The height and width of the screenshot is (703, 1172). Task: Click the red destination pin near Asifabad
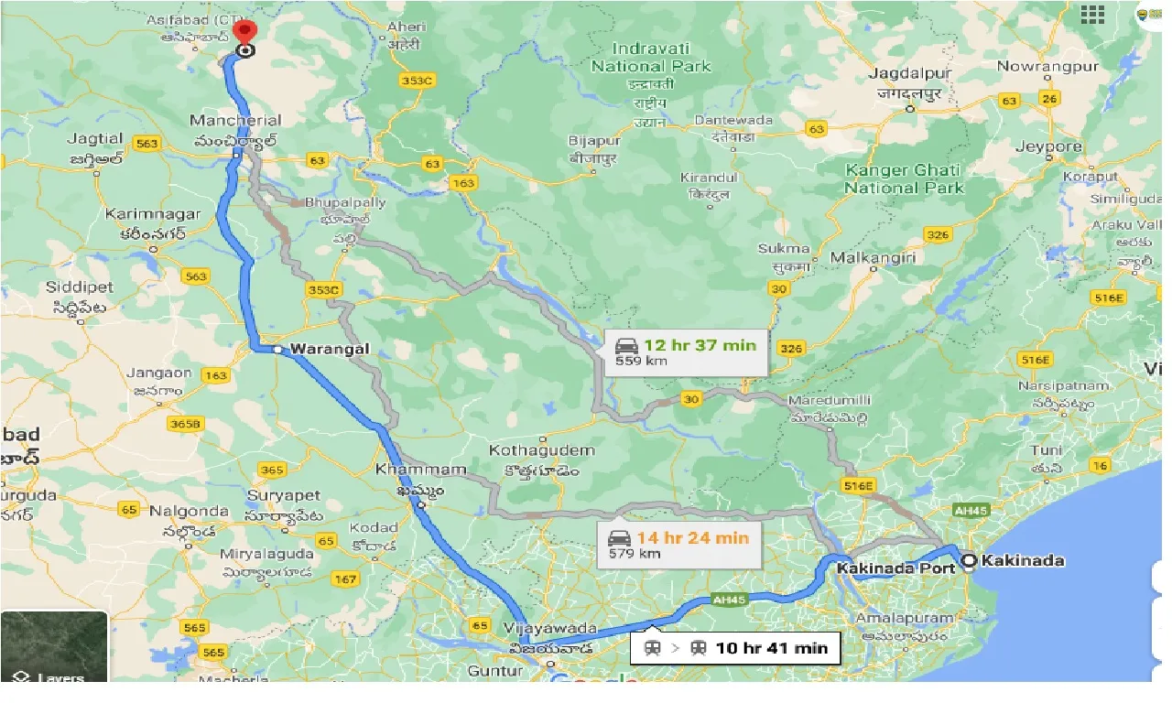[x=244, y=29]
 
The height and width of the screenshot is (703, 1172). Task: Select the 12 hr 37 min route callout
[x=685, y=351]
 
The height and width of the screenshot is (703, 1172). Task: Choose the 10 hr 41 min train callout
[x=735, y=648]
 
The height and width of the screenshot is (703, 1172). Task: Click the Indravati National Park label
[x=651, y=57]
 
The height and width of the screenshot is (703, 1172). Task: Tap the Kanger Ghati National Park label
[x=904, y=178]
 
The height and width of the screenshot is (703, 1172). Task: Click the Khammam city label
[x=407, y=470]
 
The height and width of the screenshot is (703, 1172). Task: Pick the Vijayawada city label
[x=549, y=630]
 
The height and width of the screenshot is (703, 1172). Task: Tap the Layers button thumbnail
[x=54, y=646]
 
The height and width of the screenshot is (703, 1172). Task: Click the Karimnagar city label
[x=152, y=214]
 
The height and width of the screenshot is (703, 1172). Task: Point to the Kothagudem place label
[x=542, y=450]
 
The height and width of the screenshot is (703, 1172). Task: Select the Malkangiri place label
[x=873, y=258]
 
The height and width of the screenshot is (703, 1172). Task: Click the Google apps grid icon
[x=1092, y=14]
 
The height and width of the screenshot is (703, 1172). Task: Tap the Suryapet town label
[x=284, y=495]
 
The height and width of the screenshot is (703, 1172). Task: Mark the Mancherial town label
[x=235, y=120]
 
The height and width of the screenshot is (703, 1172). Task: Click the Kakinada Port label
[x=896, y=568]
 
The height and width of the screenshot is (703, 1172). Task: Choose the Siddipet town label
[x=79, y=287]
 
